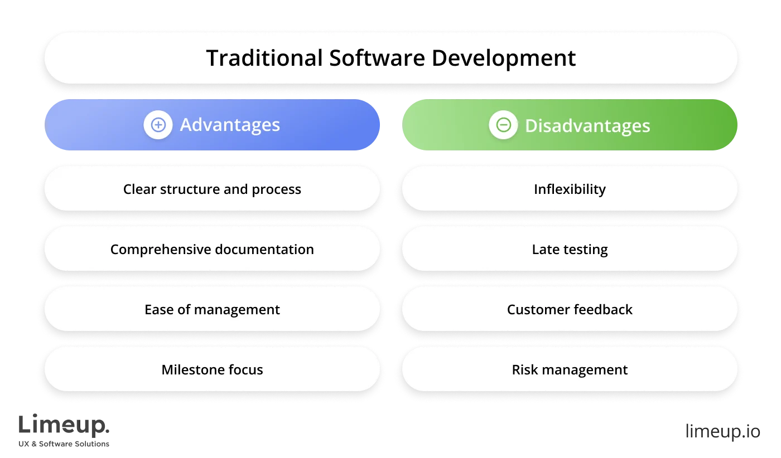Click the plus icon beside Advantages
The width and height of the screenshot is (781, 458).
[x=158, y=125]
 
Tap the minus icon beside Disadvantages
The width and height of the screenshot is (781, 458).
[x=503, y=125]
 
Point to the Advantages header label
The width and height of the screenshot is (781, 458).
[x=230, y=125]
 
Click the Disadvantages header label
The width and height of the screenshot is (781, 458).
[x=587, y=126]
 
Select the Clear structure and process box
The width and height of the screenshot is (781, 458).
[x=212, y=189]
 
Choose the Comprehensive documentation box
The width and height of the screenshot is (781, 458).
[x=212, y=250]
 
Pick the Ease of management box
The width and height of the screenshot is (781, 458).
[x=212, y=310]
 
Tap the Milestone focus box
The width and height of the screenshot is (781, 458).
[x=212, y=370]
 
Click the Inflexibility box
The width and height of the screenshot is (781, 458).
[x=570, y=189]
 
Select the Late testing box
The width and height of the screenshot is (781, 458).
[x=570, y=250]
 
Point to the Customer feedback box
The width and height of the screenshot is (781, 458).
[x=570, y=310]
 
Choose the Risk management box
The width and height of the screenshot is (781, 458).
[x=570, y=370]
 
